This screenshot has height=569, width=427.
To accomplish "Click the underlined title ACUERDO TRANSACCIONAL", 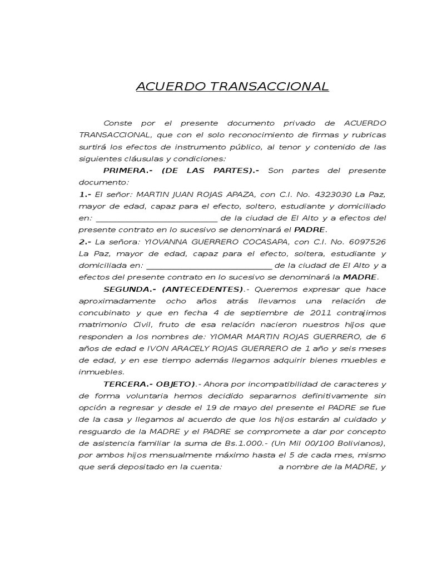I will [x=232, y=87].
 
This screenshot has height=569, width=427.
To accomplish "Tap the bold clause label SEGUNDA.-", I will [x=128, y=289].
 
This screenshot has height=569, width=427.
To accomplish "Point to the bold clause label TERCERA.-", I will [x=127, y=384].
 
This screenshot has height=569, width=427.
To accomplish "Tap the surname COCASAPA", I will [x=256, y=242].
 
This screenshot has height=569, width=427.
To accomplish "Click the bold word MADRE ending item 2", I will [x=360, y=277].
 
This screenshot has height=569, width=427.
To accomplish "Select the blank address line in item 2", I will [x=208, y=266].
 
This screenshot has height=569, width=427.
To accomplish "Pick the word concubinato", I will [x=104, y=313].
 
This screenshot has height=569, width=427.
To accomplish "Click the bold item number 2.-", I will [x=85, y=242].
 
